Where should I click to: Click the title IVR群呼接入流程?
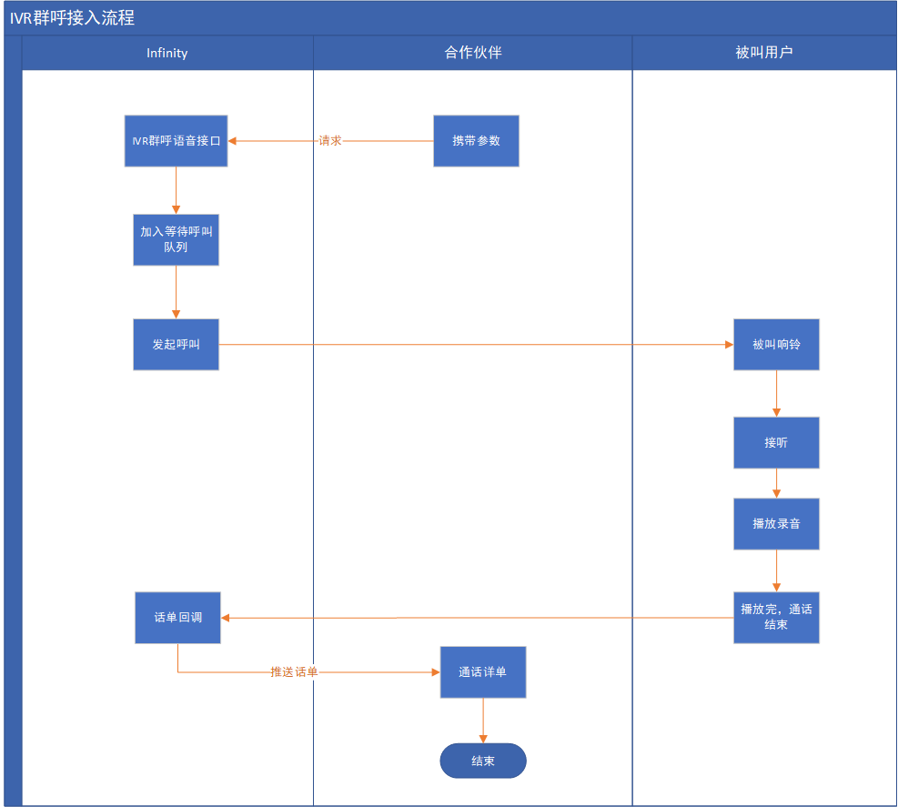73,18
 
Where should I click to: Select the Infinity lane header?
167,53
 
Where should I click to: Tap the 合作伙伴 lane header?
473,53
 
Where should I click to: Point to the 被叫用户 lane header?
764,53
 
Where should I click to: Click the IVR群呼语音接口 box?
176,141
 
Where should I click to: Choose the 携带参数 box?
476,141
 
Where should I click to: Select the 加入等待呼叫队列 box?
176,239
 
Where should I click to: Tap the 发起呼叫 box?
176,345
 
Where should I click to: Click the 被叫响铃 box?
776,345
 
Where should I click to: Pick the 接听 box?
776,443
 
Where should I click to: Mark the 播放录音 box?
776,524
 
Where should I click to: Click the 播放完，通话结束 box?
776,618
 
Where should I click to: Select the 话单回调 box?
177,618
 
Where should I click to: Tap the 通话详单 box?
483,672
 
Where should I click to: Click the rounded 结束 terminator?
483,761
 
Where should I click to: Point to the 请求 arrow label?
330,141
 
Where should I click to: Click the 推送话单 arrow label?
294,672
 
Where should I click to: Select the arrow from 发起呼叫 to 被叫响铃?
473,345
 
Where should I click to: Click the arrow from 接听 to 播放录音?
776,483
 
